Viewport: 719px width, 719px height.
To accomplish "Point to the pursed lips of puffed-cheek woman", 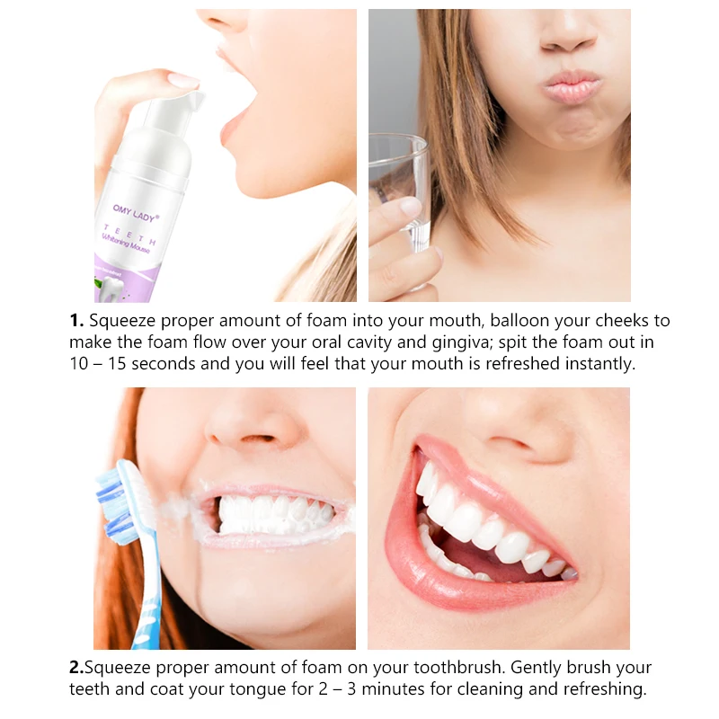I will pyautogui.click(x=572, y=88).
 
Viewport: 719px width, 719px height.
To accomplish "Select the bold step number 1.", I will pyautogui.click(x=75, y=321).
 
